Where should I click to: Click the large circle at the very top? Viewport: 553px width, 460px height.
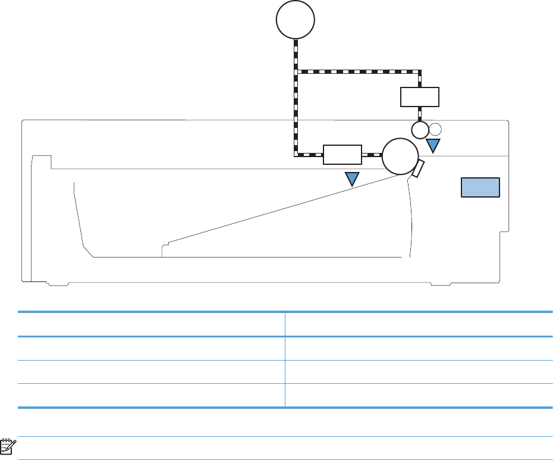(296, 20)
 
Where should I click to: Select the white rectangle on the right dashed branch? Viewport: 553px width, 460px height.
(420, 96)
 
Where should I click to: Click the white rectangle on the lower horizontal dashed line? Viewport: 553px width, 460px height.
(343, 154)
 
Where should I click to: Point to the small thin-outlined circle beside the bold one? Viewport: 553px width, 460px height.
(435, 129)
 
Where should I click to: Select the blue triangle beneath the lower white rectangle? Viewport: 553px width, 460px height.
(353, 178)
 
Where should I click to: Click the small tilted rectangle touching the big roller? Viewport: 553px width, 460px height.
(417, 169)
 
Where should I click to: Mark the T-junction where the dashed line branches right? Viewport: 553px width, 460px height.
(296, 71)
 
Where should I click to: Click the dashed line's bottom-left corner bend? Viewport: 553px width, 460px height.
(296, 155)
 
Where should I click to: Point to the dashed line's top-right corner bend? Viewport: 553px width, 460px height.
(420, 71)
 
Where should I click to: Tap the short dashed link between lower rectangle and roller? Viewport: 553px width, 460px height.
(372, 155)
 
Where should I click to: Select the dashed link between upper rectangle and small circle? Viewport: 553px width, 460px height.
(420, 114)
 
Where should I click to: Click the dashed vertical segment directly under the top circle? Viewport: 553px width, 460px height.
(296, 54)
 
